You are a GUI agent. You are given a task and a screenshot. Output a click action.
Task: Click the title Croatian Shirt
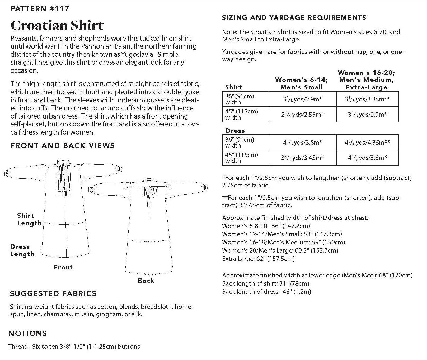tap(57, 26)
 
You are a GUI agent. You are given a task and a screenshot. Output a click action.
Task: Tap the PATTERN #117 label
tap(40, 8)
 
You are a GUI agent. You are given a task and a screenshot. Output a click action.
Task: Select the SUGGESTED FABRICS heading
tap(53, 293)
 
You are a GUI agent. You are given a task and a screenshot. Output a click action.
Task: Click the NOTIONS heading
tap(28, 333)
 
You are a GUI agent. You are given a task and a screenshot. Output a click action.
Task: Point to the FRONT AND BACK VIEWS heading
tap(63, 145)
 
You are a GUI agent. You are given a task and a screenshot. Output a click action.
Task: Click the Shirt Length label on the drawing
tap(29, 219)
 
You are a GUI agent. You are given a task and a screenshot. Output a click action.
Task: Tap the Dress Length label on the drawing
tap(22, 250)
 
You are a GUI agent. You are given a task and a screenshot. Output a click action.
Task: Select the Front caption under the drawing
tap(63, 267)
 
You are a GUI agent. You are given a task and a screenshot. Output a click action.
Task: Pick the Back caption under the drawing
tap(146, 281)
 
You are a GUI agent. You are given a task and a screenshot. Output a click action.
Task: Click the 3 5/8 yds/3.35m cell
tap(367, 99)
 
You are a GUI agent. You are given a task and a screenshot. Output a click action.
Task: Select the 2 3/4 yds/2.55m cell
tap(302, 114)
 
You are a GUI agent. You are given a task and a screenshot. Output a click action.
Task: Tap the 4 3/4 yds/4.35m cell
tap(367, 143)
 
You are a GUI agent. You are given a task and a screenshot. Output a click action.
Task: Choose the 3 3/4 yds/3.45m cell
tap(302, 158)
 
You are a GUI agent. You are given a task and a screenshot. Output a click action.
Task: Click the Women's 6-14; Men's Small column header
tap(302, 83)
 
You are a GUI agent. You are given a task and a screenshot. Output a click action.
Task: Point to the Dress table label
tap(235, 131)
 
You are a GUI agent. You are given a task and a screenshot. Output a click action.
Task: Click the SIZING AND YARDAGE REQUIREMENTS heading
tap(294, 18)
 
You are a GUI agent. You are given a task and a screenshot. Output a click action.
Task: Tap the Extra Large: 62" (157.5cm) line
tap(258, 259)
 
